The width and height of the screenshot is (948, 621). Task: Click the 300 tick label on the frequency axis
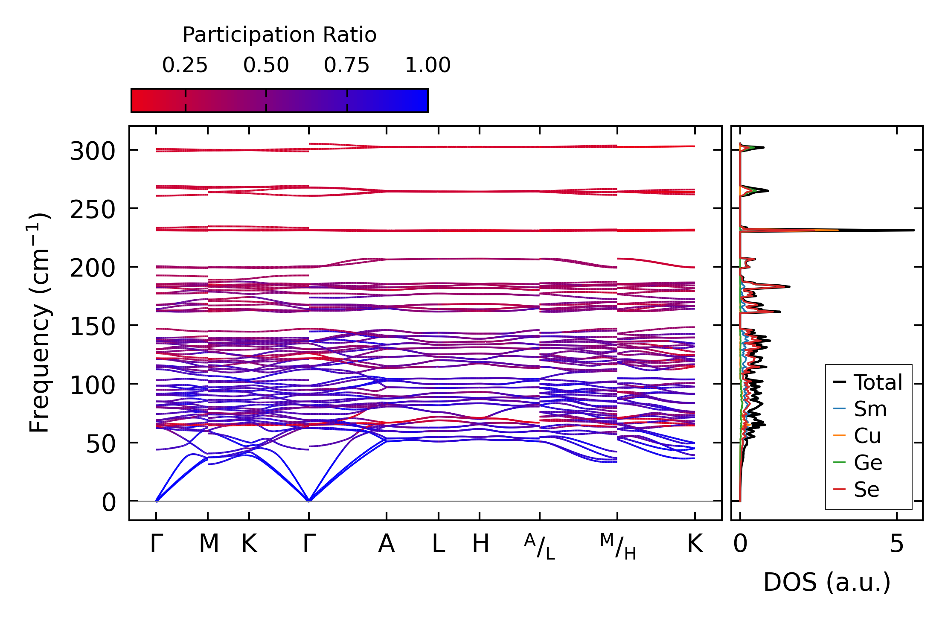[x=93, y=152]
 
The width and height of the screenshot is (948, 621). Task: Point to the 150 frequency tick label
[x=93, y=327]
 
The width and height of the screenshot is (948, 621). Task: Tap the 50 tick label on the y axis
[x=101, y=444]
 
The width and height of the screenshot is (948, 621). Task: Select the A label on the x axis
[x=387, y=544]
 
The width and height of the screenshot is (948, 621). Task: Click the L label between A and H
[x=439, y=544]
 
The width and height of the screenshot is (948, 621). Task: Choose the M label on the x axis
[x=209, y=544]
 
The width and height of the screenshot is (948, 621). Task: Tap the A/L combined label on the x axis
[x=540, y=547]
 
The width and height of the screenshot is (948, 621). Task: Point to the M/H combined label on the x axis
[x=618, y=547]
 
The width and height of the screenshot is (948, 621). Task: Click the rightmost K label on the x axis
[x=695, y=544]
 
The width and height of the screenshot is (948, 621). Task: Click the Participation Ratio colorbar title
[x=279, y=35]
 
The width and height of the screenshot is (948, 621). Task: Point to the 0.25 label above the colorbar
[x=185, y=65]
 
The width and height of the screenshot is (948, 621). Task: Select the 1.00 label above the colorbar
[x=428, y=65]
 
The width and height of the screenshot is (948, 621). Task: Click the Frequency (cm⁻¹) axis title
[x=39, y=322]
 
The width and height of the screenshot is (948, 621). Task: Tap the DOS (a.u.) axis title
[x=827, y=583]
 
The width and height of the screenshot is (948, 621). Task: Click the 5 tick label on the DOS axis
[x=897, y=544]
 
